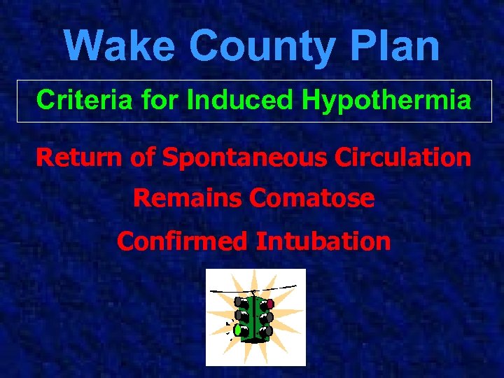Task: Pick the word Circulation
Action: pos(402,157)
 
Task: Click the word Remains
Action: pos(188,199)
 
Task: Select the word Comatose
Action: pos(311,199)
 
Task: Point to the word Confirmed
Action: pos(183,241)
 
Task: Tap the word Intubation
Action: pos(323,241)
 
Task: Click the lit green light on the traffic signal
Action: pos(238,329)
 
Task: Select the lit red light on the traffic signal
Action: pos(270,304)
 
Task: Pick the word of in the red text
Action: pos(143,157)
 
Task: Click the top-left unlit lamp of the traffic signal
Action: pos(239,302)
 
